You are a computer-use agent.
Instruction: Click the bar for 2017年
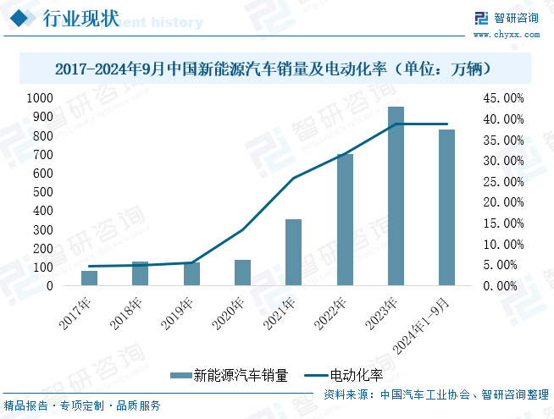tap(89, 278)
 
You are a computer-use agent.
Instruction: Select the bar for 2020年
tap(242, 273)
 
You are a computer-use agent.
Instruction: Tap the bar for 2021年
tap(293, 252)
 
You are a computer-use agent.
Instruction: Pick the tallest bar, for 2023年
tap(396, 196)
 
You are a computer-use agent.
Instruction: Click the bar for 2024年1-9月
tap(446, 207)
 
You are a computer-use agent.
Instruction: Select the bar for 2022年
tap(345, 220)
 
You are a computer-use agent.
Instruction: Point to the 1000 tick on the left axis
tap(38, 98)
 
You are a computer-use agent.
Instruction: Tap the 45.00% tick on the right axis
tap(504, 98)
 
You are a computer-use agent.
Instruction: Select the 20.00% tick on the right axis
tap(504, 202)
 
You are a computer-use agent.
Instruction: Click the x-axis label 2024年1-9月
tap(428, 325)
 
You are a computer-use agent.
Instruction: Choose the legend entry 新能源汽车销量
tap(230, 374)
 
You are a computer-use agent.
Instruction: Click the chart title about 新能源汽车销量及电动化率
tap(277, 68)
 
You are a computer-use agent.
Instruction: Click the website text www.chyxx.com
tap(506, 35)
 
